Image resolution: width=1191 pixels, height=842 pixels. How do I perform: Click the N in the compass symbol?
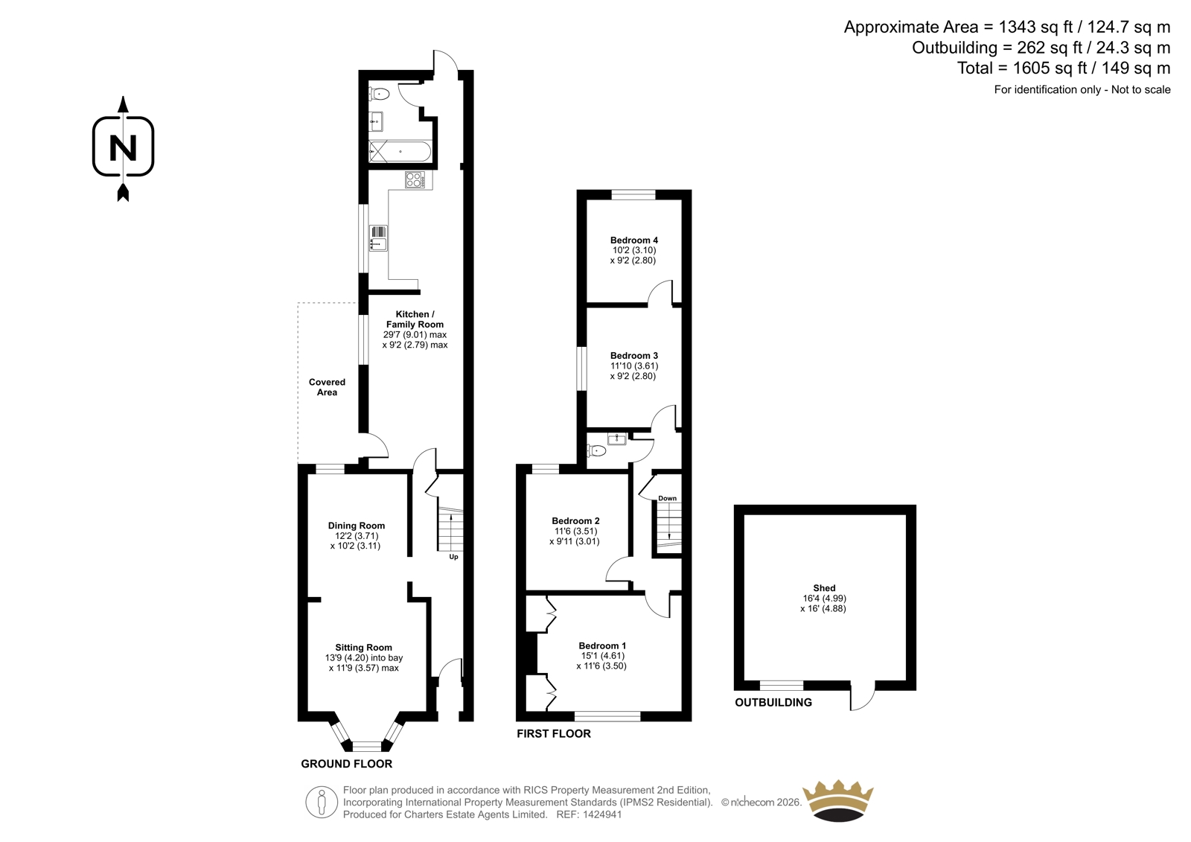[x=123, y=148]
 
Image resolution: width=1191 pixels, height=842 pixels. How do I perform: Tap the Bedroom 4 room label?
[x=633, y=240]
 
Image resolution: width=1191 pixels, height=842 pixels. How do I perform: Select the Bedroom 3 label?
[x=633, y=356]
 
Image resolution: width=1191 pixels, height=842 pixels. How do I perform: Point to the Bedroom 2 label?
[x=575, y=521]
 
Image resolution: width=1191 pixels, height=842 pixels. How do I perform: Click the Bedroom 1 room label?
[x=602, y=645]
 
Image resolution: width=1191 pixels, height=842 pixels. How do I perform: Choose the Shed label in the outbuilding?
[x=824, y=587]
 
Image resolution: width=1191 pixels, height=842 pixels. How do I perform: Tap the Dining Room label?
[x=357, y=526]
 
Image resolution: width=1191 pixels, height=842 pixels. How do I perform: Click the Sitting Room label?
[x=364, y=648]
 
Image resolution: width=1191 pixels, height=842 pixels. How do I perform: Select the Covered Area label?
[x=327, y=387]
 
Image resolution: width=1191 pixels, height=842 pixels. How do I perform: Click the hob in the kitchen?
[x=415, y=179]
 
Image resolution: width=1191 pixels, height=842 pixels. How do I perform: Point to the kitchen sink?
[x=378, y=238]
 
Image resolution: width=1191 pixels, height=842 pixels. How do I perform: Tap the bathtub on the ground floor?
[x=400, y=152]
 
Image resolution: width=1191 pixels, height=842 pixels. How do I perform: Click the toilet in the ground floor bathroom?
[x=380, y=94]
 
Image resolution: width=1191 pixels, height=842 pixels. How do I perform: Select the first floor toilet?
[x=596, y=451]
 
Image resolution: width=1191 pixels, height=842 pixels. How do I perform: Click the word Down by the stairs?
[x=667, y=498]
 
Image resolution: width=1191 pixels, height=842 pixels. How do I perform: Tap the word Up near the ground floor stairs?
[x=453, y=557]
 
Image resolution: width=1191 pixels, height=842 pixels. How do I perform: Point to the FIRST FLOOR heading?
[x=554, y=734]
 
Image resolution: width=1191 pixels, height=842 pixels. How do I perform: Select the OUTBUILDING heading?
[x=773, y=703]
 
